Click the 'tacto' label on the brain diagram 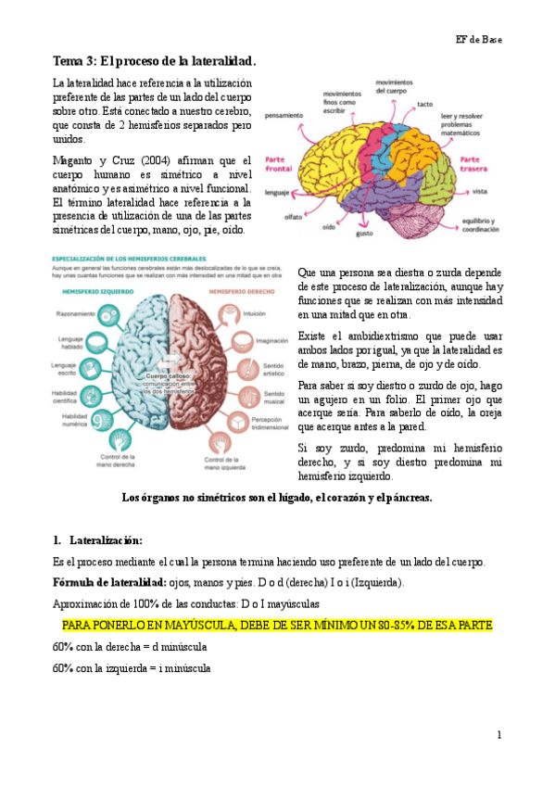(425, 104)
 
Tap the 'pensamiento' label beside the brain (283, 116)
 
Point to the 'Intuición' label (255, 314)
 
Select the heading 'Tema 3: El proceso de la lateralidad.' (154, 61)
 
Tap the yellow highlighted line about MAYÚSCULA (271, 626)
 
